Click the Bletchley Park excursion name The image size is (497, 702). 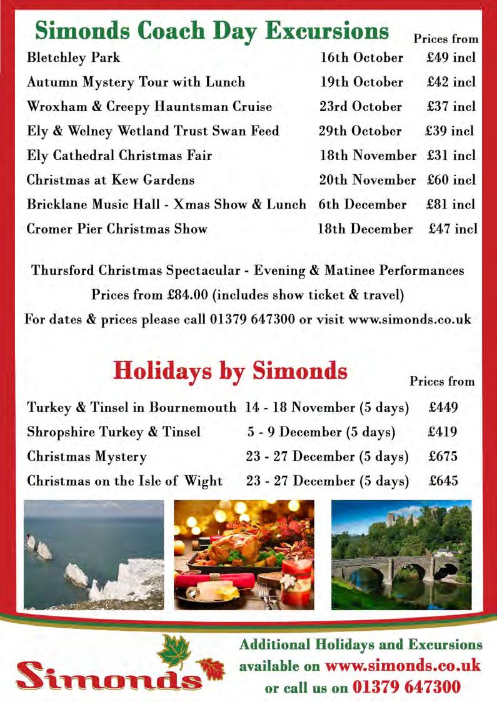click(x=73, y=58)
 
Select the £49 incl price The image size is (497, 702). click(x=451, y=58)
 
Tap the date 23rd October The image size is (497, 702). click(x=361, y=107)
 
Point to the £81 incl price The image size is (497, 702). click(x=451, y=204)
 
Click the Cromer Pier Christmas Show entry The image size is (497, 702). click(x=117, y=229)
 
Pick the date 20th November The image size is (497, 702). click(x=367, y=180)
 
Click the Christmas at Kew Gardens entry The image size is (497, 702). click(x=111, y=180)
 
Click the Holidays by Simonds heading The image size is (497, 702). click(x=230, y=371)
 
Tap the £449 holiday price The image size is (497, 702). click(x=443, y=408)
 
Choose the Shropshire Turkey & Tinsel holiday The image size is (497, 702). click(x=114, y=432)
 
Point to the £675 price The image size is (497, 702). click(x=443, y=457)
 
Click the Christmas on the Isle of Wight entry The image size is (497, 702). click(x=124, y=481)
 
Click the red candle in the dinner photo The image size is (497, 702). click(x=296, y=584)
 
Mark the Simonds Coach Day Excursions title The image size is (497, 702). click(x=212, y=31)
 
